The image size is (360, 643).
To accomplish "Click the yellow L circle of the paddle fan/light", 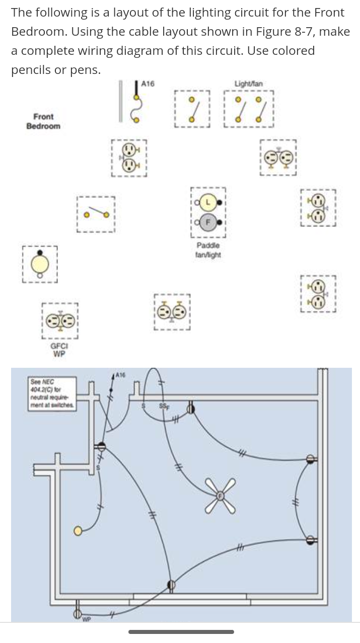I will click(208, 202).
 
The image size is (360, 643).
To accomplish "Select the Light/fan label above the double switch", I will click(248, 83).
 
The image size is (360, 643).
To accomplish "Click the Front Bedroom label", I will click(43, 121).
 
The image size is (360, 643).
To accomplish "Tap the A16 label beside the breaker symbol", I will click(148, 84).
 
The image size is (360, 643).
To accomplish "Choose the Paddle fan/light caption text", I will click(207, 250).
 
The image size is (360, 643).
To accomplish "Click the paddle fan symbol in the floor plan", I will click(220, 496).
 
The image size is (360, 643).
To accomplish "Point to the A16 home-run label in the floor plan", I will click(120, 374).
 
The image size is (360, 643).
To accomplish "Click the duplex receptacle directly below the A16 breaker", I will click(129, 157).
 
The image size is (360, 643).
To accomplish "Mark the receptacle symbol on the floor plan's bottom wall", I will click(171, 585).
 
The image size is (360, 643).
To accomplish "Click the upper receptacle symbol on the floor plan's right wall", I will click(311, 458).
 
